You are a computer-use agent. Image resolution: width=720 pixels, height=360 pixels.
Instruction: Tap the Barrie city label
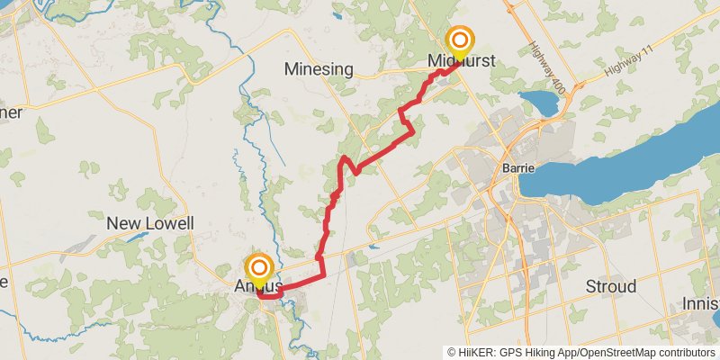(518, 169)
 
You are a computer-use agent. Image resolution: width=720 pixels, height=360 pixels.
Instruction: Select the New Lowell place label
(150, 223)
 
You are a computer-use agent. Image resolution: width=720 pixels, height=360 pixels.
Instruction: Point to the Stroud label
(611, 286)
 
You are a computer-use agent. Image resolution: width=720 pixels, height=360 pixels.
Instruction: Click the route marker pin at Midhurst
(460, 42)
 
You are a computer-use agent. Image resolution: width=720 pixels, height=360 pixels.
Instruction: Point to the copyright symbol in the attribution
(452, 352)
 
